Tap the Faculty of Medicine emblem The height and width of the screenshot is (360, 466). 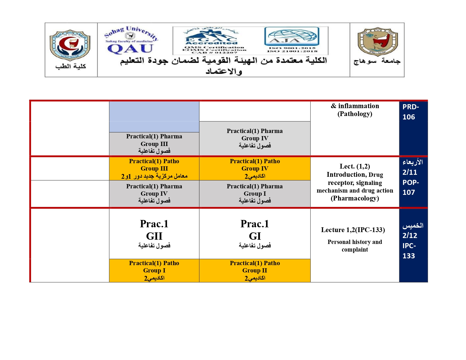click(70, 45)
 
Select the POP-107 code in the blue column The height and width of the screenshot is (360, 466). click(410, 187)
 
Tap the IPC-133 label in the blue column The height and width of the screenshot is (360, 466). click(409, 251)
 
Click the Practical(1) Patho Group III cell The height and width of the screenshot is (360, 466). click(154, 169)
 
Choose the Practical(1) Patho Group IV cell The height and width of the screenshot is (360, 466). click(255, 169)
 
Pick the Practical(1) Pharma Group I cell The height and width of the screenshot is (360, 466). click(255, 194)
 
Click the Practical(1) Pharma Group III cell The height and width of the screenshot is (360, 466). click(154, 144)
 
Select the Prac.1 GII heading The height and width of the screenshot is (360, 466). click(154, 230)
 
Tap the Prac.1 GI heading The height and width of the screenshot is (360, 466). click(255, 230)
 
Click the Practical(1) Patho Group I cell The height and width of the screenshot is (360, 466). click(154, 270)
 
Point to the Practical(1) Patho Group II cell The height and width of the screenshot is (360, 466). click(255, 270)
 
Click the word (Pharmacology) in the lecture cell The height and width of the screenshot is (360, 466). click(355, 198)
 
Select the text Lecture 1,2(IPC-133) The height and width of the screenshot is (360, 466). click(353, 230)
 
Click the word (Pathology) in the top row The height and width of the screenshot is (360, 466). click(355, 114)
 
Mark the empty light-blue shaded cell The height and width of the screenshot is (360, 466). click(154, 116)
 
